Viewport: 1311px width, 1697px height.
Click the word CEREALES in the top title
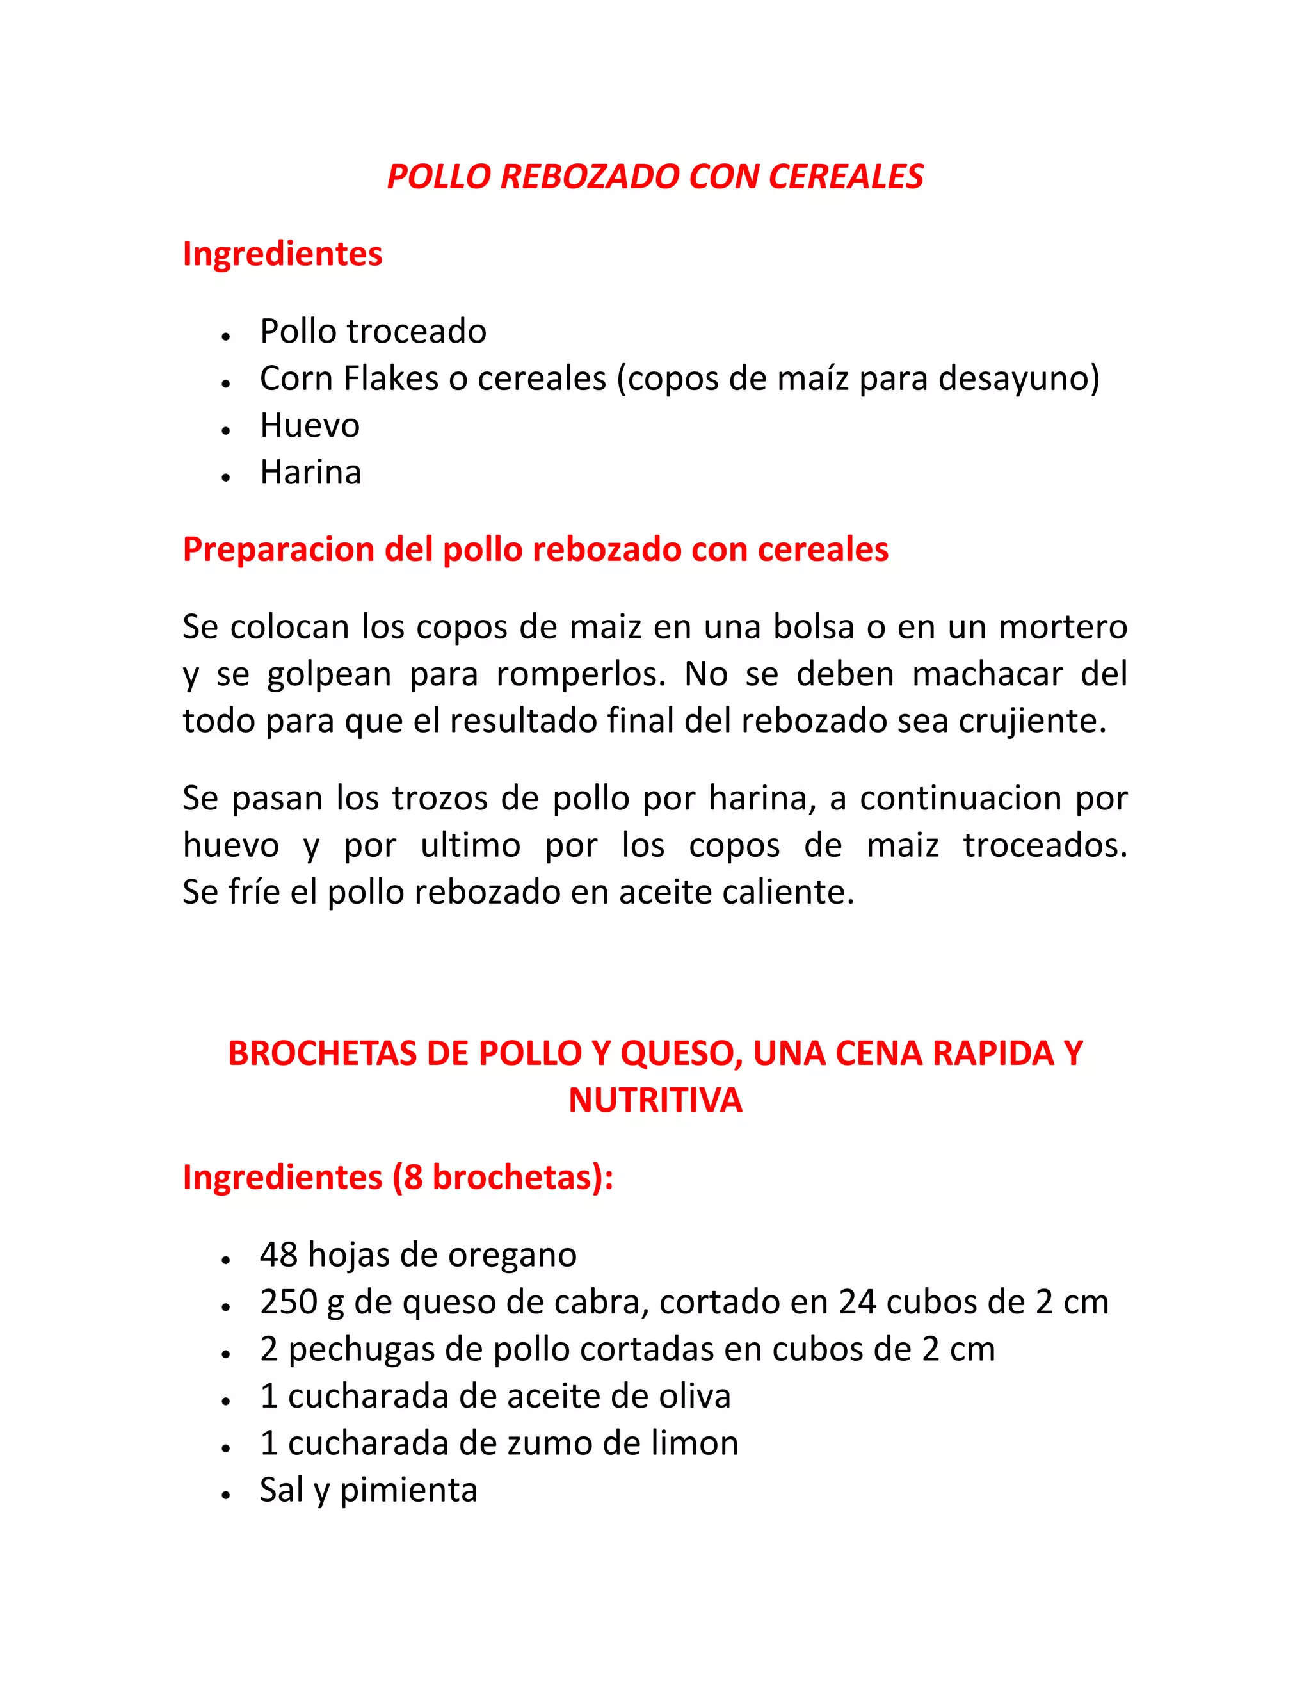coord(846,177)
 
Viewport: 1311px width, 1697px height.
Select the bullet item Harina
coord(310,473)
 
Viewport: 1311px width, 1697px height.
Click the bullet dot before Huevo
coord(226,430)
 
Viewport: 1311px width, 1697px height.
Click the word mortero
coord(1063,627)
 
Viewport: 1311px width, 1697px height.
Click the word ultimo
coord(471,845)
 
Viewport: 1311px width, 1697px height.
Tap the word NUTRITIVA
coord(655,1100)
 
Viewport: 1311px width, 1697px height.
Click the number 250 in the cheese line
coord(288,1303)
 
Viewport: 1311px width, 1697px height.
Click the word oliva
coord(695,1396)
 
